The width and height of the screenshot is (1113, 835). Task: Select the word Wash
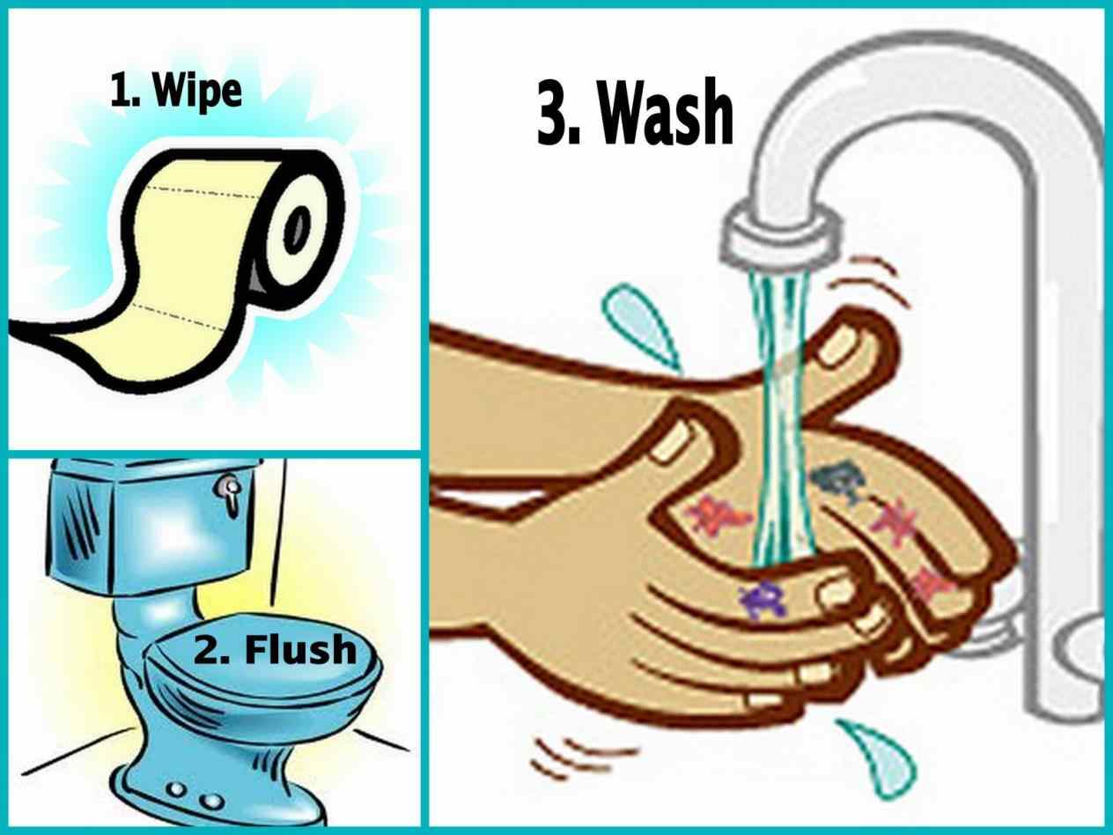pyautogui.click(x=670, y=116)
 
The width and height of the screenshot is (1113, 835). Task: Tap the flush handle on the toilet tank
pyautogui.click(x=230, y=493)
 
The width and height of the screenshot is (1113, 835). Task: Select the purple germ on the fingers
pyautogui.click(x=758, y=600)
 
